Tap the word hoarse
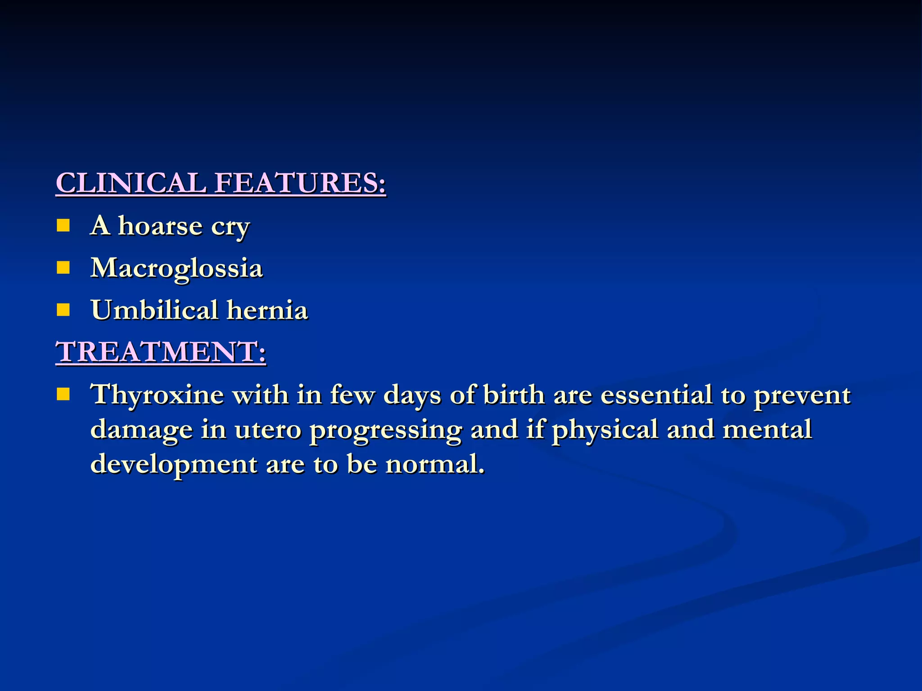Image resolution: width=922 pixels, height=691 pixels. tap(160, 226)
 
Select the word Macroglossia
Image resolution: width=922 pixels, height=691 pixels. tap(176, 269)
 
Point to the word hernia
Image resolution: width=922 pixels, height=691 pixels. tap(267, 310)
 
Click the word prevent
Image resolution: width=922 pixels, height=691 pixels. tap(802, 395)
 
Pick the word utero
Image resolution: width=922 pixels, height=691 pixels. tap(267, 430)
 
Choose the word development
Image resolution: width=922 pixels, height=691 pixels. tap(173, 464)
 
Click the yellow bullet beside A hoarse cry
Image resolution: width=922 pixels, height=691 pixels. tap(63, 225)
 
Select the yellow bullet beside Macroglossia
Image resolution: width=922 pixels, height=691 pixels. tap(63, 268)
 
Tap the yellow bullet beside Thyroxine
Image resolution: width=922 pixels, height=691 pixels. tap(63, 394)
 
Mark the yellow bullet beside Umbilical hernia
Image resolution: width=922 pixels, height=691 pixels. tap(63, 310)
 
